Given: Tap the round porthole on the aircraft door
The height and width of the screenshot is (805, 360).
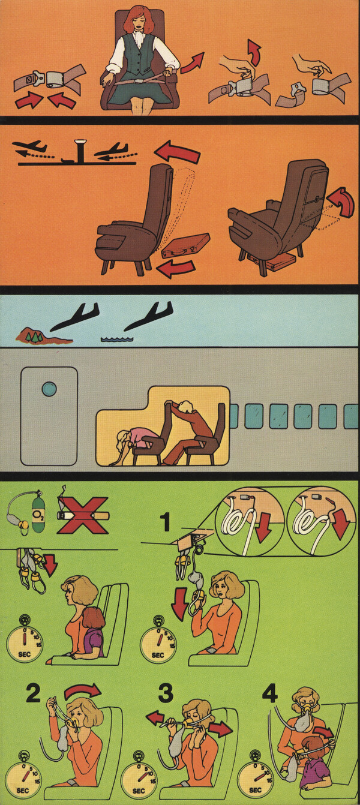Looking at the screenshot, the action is tap(49, 389).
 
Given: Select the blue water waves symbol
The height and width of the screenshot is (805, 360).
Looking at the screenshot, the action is tap(116, 338).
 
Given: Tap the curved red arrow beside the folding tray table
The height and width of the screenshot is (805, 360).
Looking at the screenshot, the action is tap(341, 202).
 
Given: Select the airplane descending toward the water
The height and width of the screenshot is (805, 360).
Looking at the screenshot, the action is tap(148, 316).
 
